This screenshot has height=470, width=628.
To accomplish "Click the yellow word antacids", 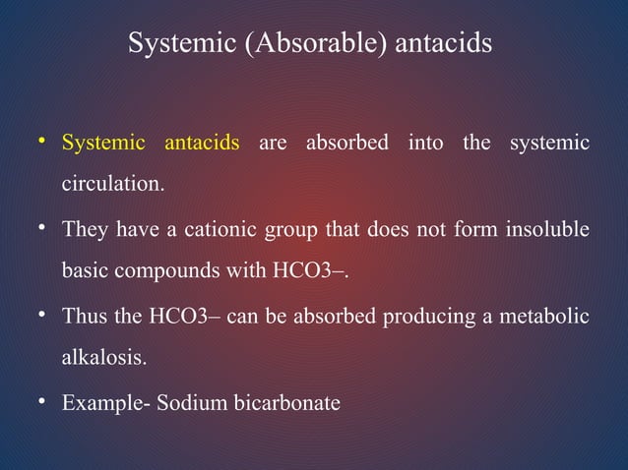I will point(202,144).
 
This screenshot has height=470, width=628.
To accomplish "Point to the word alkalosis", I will point(104,358).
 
